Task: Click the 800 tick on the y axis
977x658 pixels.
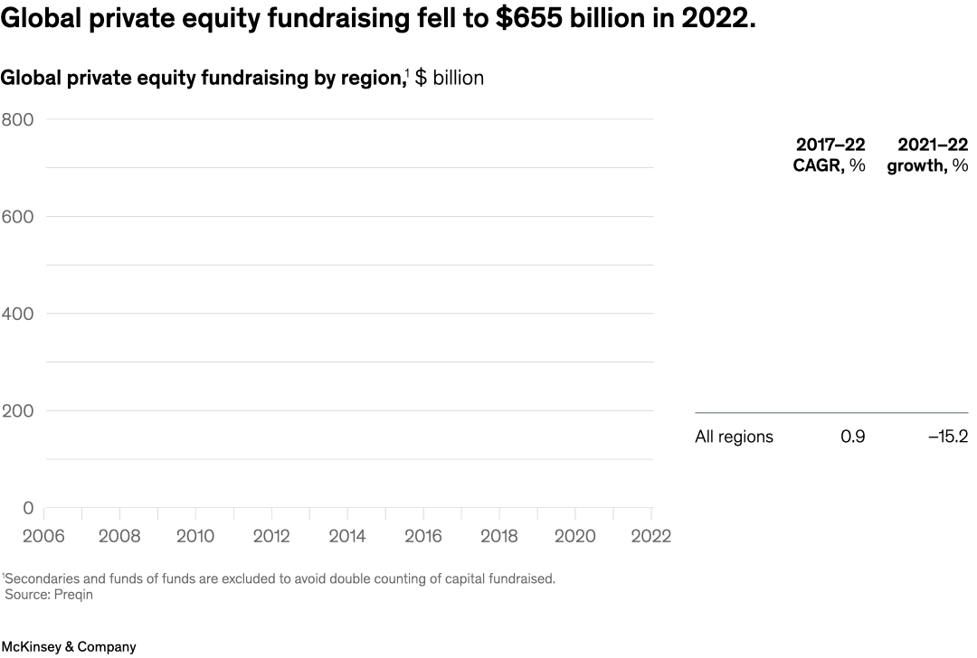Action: click(17, 119)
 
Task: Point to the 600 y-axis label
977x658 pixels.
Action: click(17, 217)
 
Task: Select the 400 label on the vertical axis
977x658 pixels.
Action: click(17, 314)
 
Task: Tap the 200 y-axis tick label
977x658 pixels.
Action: click(17, 411)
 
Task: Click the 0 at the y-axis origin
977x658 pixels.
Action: click(27, 509)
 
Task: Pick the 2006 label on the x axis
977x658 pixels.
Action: click(43, 536)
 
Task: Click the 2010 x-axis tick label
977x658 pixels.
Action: click(195, 536)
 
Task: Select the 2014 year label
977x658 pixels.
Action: click(347, 536)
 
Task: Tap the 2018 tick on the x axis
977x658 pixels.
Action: click(499, 536)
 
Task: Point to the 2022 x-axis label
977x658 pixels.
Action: click(650, 536)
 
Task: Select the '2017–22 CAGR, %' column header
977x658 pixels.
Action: click(830, 155)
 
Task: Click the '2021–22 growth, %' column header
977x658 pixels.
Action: click(927, 155)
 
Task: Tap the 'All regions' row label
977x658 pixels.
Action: click(734, 437)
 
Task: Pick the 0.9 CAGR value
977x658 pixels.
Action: click(852, 437)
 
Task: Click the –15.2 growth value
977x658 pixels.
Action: click(947, 437)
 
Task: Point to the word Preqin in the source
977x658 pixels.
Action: click(74, 595)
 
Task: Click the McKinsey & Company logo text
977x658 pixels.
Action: click(68, 647)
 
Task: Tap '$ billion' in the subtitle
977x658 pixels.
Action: click(449, 78)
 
